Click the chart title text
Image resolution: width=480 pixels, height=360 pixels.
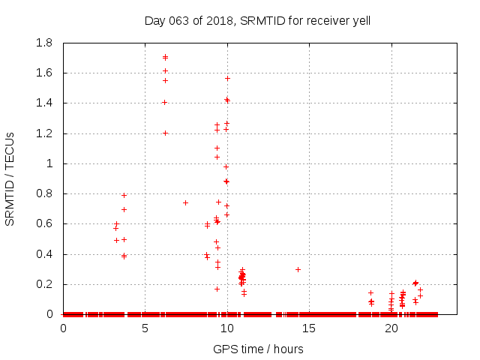[x=257, y=20]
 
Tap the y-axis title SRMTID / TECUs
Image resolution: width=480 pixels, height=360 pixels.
[x=10, y=179]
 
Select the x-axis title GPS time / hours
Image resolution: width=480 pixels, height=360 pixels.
[x=258, y=349]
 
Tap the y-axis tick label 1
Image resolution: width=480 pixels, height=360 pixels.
[x=50, y=163]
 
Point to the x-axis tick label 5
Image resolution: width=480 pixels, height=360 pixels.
[x=145, y=328]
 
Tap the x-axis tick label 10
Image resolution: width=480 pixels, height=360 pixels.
[x=227, y=328]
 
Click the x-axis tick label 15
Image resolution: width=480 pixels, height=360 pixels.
[x=310, y=328]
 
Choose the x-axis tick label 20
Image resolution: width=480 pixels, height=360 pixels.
[x=391, y=328]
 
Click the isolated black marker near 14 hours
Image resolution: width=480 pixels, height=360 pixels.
[x=298, y=269]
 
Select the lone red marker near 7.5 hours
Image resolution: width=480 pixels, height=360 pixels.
[x=185, y=202]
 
